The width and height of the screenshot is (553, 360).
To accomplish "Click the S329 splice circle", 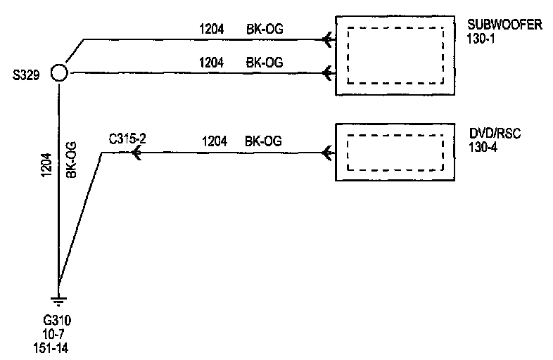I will coord(58,73).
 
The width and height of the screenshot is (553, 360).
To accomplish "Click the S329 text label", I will coord(26,73).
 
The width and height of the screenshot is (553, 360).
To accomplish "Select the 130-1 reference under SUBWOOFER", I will coord(481,39).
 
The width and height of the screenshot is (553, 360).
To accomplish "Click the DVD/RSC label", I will coord(495,134).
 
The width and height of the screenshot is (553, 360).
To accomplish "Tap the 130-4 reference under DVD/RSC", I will coord(482,146).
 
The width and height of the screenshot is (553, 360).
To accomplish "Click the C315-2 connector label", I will coord(127,139).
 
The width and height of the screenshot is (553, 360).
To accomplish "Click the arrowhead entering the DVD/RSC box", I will coord(327,153).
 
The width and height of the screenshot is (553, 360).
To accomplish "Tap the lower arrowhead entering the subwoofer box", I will coord(327,72).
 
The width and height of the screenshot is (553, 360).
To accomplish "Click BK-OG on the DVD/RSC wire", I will coord(263,141).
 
